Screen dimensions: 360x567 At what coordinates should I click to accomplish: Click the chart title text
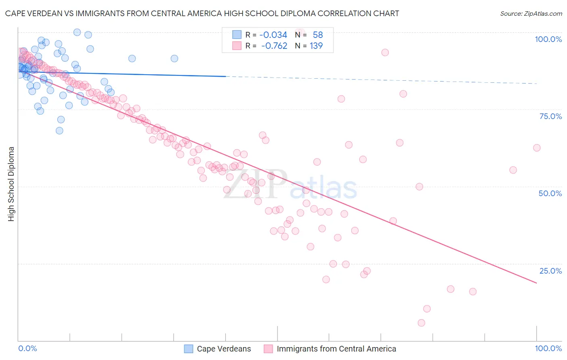pyautogui.click(x=202, y=13)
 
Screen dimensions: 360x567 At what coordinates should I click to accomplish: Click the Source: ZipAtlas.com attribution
pyautogui.click(x=531, y=13)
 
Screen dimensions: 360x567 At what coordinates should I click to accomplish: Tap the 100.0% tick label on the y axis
pyautogui.click(x=548, y=39)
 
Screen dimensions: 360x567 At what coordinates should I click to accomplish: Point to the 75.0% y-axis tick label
pyautogui.click(x=550, y=116)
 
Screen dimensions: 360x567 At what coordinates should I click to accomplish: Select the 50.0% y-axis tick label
pyautogui.click(x=550, y=193)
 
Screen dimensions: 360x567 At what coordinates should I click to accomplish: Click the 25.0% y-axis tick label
pyautogui.click(x=550, y=271)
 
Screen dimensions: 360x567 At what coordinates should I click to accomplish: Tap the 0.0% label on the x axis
pyautogui.click(x=27, y=348)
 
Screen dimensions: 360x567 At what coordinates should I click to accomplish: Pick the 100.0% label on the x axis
pyautogui.click(x=548, y=348)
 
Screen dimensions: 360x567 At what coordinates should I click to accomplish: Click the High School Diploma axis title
pyautogui.click(x=11, y=184)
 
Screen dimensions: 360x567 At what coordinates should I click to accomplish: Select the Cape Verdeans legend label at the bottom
pyautogui.click(x=224, y=349)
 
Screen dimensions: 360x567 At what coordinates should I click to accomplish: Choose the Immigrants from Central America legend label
pyautogui.click(x=336, y=349)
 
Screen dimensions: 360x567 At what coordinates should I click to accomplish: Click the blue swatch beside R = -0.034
pyautogui.click(x=237, y=35)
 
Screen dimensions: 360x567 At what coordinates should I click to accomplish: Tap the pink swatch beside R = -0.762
pyautogui.click(x=237, y=46)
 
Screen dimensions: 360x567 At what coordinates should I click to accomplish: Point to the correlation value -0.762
pyautogui.click(x=274, y=46)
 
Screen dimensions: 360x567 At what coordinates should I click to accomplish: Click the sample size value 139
pyautogui.click(x=316, y=46)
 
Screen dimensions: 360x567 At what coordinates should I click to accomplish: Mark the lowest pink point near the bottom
pyautogui.click(x=421, y=323)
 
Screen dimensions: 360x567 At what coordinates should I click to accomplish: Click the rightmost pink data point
pyautogui.click(x=537, y=148)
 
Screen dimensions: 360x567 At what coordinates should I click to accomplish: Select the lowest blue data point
pyautogui.click(x=59, y=131)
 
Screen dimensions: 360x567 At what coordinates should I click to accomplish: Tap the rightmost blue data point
pyautogui.click(x=174, y=59)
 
